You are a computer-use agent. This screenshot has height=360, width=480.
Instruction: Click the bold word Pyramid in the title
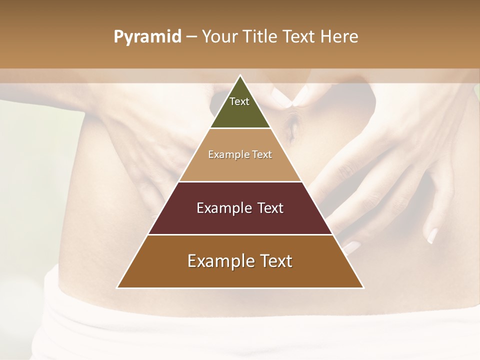pyautogui.click(x=147, y=36)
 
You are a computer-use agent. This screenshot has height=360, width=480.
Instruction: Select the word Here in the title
pyautogui.click(x=339, y=36)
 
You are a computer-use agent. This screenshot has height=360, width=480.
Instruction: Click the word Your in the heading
pyautogui.click(x=219, y=36)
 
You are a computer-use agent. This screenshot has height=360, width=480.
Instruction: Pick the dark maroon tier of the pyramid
pyautogui.click(x=240, y=220)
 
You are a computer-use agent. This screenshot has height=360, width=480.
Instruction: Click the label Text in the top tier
pyautogui.click(x=239, y=101)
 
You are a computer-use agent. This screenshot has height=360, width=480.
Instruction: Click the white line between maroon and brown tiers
pyautogui.click(x=240, y=234)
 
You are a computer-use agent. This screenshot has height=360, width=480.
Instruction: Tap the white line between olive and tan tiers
pyautogui.click(x=240, y=128)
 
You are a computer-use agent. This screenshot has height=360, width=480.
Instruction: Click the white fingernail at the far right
pyautogui.click(x=432, y=235)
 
